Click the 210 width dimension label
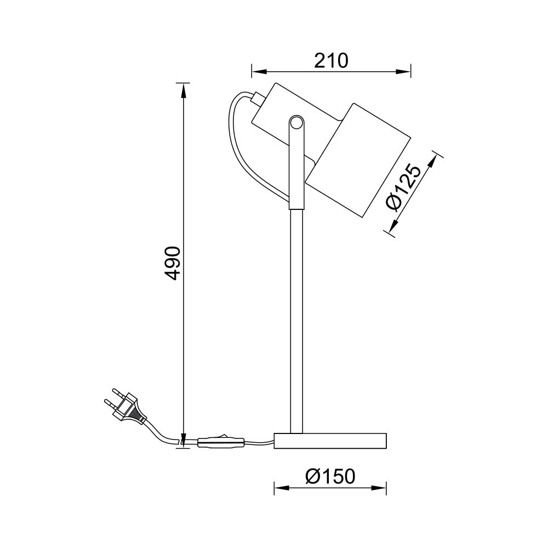click(x=331, y=61)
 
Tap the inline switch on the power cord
click(x=221, y=442)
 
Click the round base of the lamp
click(x=330, y=441)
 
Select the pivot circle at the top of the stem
click(x=296, y=123)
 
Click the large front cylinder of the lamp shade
click(x=358, y=160)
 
